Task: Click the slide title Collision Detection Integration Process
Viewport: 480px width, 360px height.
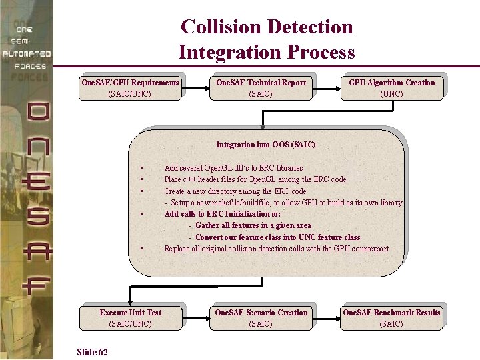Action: [267, 39]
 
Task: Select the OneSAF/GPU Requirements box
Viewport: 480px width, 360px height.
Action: [130, 88]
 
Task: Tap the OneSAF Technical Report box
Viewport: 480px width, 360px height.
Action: [261, 88]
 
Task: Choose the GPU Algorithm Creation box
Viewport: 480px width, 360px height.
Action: [391, 88]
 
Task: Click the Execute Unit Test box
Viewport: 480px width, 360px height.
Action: [131, 318]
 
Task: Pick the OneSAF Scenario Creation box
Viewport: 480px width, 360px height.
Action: [261, 318]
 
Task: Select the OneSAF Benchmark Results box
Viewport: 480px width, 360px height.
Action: [391, 318]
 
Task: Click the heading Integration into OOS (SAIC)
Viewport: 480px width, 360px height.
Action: [266, 145]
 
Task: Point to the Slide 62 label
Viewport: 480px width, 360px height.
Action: [93, 351]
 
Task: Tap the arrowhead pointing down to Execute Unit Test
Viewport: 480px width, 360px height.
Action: [131, 301]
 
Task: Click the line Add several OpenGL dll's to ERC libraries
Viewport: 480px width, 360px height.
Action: [233, 168]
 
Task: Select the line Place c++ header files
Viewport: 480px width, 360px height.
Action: [255, 179]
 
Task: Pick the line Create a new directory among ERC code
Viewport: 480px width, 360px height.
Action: [235, 191]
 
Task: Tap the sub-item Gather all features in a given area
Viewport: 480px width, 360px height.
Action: [253, 225]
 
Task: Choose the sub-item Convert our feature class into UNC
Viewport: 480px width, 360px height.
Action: [277, 237]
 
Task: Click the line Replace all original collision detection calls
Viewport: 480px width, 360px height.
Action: [276, 249]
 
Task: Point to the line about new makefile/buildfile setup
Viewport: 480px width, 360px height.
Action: [283, 203]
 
